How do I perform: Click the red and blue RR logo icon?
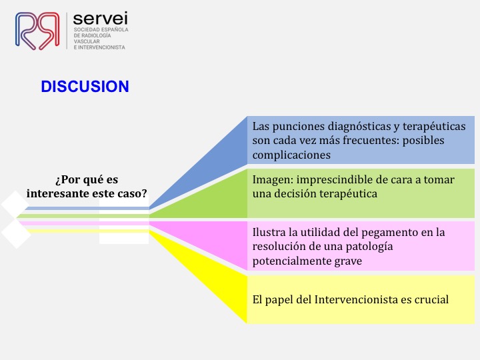click(37, 31)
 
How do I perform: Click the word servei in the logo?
click(101, 18)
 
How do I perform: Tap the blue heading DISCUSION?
click(85, 86)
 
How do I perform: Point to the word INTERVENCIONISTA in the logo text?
click(101, 47)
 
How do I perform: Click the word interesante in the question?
click(57, 193)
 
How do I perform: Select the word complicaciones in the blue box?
click(291, 155)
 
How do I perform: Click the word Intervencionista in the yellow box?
click(356, 299)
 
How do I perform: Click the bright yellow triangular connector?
click(214, 275)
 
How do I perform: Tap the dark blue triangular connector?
click(214, 162)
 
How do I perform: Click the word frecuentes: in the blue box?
click(371, 141)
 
